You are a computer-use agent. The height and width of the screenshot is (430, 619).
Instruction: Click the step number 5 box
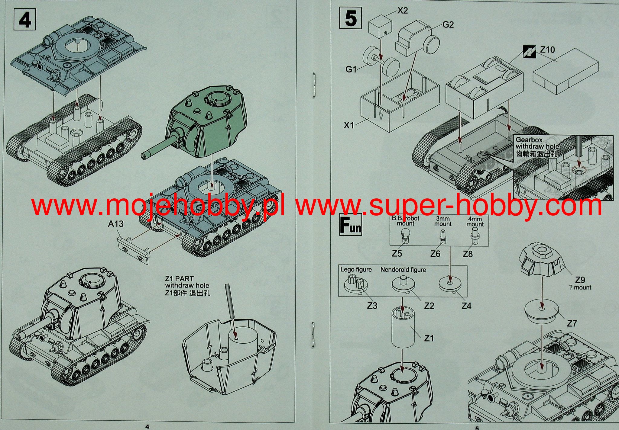coord(351,18)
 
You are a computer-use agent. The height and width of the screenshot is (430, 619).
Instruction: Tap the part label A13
coord(116,224)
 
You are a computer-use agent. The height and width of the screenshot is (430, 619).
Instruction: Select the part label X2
coord(402,11)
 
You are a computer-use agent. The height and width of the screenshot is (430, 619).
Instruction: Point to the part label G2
coord(448,25)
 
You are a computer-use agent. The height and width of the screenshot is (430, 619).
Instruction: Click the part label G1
coord(351,69)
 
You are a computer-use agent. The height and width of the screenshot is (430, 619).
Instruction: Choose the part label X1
coord(348,125)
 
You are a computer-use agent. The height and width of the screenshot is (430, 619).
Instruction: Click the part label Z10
coord(547,50)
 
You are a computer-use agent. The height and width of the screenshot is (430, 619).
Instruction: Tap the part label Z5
coord(397,254)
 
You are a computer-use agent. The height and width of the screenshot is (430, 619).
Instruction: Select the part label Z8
coord(468,254)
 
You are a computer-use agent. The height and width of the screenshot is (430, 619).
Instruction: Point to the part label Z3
coord(372,306)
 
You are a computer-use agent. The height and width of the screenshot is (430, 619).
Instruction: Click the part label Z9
coord(580,280)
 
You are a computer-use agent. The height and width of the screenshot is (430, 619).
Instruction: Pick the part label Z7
coord(572,324)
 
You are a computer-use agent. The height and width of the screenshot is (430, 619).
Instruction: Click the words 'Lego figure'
coord(356,270)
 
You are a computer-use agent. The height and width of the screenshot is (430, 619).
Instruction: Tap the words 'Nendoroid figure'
coord(403,270)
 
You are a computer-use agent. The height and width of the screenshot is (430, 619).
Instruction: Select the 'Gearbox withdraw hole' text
coord(537,143)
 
